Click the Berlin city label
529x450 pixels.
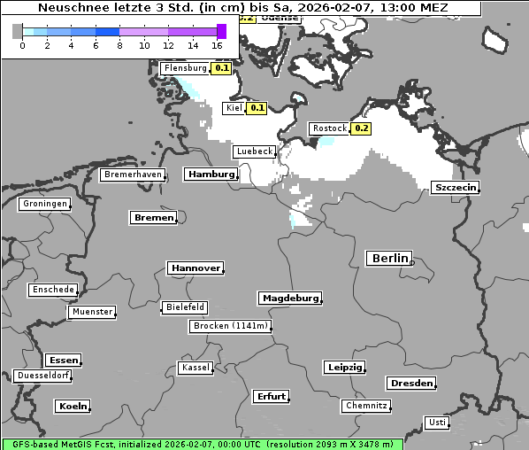point(389,259)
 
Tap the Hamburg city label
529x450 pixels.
point(211,175)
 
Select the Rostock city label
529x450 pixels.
point(330,128)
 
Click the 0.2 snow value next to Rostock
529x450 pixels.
point(361,128)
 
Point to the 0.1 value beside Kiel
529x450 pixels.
point(257,108)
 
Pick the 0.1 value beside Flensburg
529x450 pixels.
point(222,68)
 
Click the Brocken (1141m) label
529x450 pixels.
point(229,326)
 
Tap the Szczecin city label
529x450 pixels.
point(456,188)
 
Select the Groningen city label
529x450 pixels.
point(45,204)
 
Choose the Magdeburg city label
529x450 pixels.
point(289,299)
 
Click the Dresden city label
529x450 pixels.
point(410,384)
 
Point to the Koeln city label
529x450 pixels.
point(73,407)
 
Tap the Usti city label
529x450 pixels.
point(436,423)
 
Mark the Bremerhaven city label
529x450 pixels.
point(133,175)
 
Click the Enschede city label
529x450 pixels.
point(53,290)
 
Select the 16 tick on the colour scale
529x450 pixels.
point(218,45)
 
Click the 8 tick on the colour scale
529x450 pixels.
point(119,45)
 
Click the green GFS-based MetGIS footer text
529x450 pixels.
point(202,444)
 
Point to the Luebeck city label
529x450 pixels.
point(254,151)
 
